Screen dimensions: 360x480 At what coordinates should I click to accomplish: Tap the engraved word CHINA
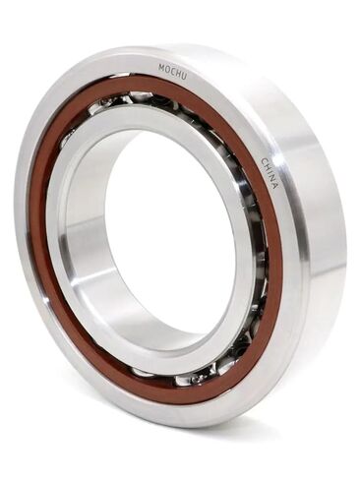point(270,173)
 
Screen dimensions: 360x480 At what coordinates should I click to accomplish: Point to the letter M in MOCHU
point(161,68)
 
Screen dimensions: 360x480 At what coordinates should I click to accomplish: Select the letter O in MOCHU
point(167,69)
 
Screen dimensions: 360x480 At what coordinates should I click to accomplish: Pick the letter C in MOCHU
point(172,71)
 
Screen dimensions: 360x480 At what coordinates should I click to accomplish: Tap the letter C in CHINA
point(265,161)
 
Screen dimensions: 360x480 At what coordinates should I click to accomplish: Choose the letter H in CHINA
point(268,167)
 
